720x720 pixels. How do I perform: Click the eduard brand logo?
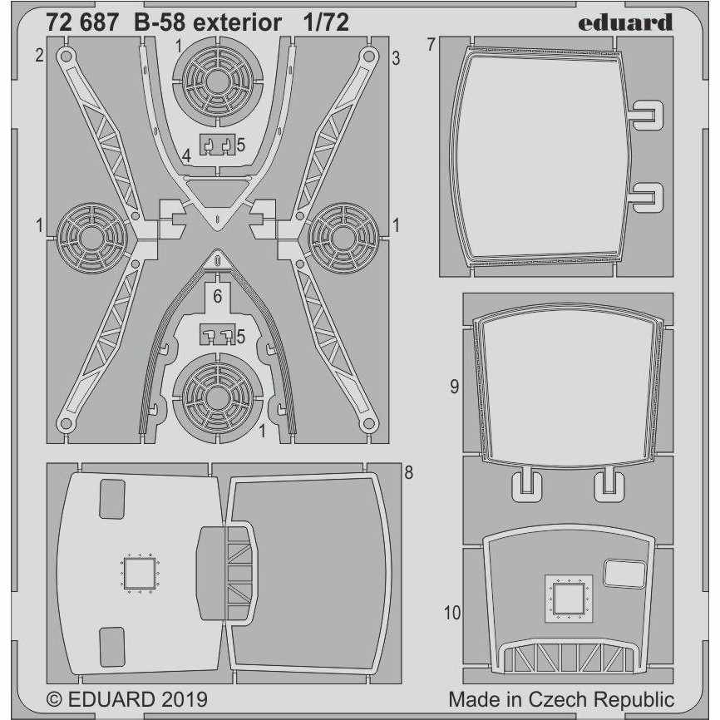(625, 22)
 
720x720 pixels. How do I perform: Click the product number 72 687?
(81, 22)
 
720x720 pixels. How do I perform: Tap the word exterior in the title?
(237, 22)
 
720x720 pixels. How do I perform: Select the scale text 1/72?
(326, 22)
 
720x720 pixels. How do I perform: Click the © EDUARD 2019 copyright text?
(127, 699)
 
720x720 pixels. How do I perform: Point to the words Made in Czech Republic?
(561, 699)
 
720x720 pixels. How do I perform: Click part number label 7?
(431, 45)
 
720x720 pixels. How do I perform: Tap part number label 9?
(454, 387)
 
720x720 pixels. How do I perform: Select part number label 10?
(451, 613)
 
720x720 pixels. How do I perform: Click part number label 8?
(408, 472)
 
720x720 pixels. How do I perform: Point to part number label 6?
(217, 296)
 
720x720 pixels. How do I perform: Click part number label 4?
(186, 156)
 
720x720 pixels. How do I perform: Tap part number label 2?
(39, 55)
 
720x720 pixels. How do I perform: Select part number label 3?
(396, 58)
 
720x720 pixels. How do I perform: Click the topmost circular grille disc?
(218, 81)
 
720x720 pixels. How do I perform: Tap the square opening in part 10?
(569, 598)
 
